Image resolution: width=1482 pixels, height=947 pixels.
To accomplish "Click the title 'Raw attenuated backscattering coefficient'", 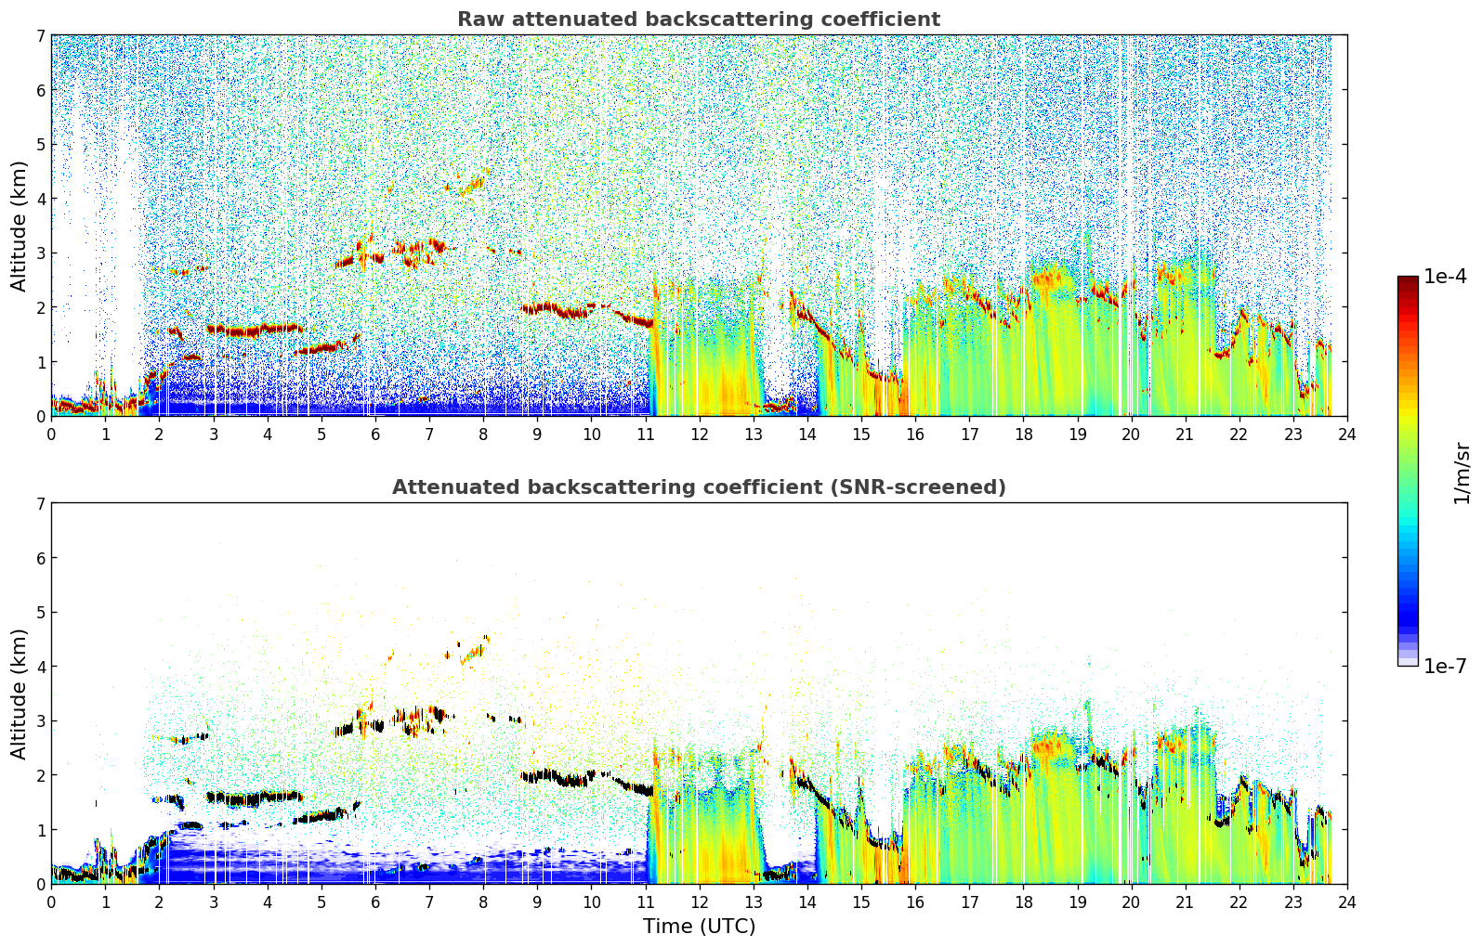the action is coord(699,19).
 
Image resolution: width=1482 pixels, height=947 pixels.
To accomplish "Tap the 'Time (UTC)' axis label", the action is coord(699,926).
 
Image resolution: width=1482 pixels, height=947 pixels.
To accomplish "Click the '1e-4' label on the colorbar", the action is coord(1445,277).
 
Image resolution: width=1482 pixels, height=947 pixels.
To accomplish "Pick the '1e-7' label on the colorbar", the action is coord(1445,666).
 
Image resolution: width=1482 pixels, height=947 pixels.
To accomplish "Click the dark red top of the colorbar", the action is coord(1408,280).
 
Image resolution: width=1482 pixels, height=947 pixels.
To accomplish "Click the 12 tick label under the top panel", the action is coord(700,434).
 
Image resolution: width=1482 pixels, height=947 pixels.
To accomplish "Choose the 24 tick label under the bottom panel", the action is coord(1347,902).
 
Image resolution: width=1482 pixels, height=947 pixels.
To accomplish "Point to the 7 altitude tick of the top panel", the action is coord(41,35).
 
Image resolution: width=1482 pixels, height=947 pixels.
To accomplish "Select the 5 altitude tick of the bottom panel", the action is coord(41,613).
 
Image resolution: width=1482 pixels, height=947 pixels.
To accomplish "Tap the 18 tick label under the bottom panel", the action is coord(1024,902).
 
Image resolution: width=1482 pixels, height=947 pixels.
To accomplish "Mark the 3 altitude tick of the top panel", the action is coord(41,253).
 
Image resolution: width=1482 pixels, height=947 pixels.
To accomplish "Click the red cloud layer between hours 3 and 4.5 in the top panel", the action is coord(255,330).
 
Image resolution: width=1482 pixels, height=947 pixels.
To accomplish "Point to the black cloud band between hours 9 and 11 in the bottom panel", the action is coord(585,778).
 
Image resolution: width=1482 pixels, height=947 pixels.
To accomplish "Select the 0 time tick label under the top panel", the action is coord(52,434).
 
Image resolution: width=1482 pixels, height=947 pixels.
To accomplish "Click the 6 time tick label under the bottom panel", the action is coord(375,902).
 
